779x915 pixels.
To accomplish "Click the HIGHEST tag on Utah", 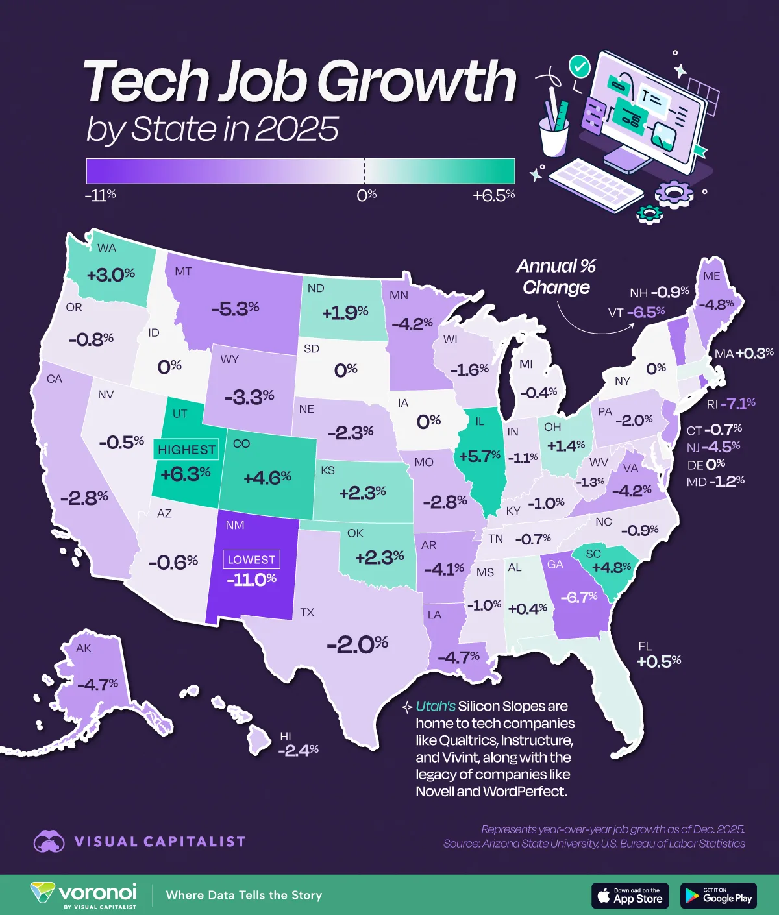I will point(186,450).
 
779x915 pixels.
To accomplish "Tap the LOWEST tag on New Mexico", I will point(251,559).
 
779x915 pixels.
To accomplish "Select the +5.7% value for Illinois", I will point(479,456).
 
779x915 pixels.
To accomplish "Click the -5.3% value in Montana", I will point(235,308).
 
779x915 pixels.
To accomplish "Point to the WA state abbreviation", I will point(106,248).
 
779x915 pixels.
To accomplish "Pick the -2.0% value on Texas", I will point(358,644).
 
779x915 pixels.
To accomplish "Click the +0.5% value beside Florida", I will point(659,661).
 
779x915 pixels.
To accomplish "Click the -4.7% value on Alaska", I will point(97,684).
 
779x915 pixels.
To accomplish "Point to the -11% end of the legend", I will point(100,195).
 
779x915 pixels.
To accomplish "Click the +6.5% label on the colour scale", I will point(493,195).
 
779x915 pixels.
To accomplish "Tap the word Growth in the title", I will point(416,82).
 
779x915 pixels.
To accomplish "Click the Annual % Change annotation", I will point(556,276).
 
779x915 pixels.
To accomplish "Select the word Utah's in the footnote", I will point(436,706).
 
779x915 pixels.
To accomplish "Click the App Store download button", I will point(630,896).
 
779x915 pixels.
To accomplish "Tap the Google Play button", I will point(719,896).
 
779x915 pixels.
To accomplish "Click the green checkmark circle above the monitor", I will point(578,66).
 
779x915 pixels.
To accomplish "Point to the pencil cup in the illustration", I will point(554,134).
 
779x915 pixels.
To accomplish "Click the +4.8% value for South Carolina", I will point(612,567).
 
